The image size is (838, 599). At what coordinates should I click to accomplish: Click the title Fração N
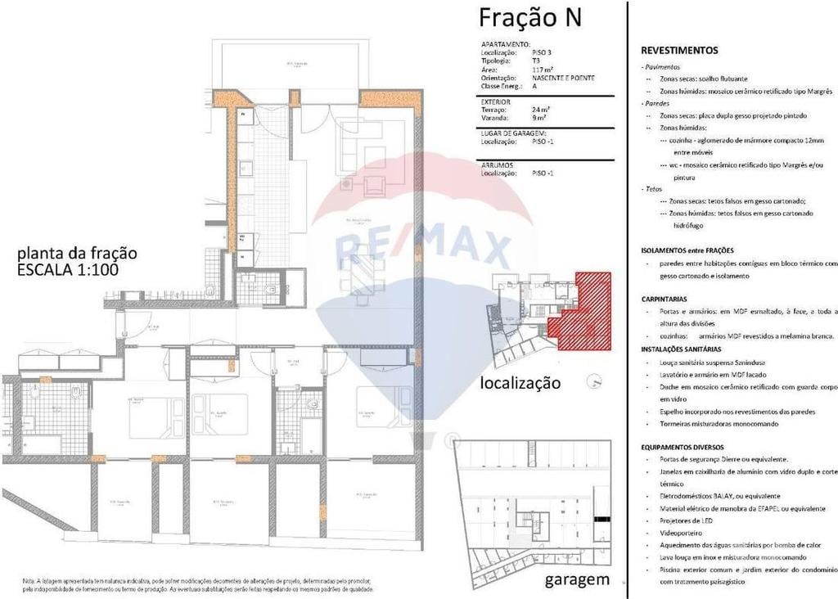(529, 17)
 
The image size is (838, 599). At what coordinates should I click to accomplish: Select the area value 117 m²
(543, 70)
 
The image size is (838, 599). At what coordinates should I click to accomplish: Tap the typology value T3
(536, 61)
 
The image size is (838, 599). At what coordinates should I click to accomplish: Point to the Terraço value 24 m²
(541, 110)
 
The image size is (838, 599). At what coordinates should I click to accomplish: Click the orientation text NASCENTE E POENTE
(563, 79)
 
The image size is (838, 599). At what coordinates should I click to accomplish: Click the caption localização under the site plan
(520, 382)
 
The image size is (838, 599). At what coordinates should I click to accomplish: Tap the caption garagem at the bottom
(577, 580)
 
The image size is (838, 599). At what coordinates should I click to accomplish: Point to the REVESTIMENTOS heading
(679, 50)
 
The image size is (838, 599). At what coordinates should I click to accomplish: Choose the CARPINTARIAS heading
(665, 299)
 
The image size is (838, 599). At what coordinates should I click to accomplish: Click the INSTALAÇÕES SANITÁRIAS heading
(681, 349)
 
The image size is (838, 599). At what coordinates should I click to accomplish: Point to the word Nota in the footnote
(30, 579)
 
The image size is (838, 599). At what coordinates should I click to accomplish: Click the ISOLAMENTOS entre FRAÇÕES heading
(687, 250)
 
